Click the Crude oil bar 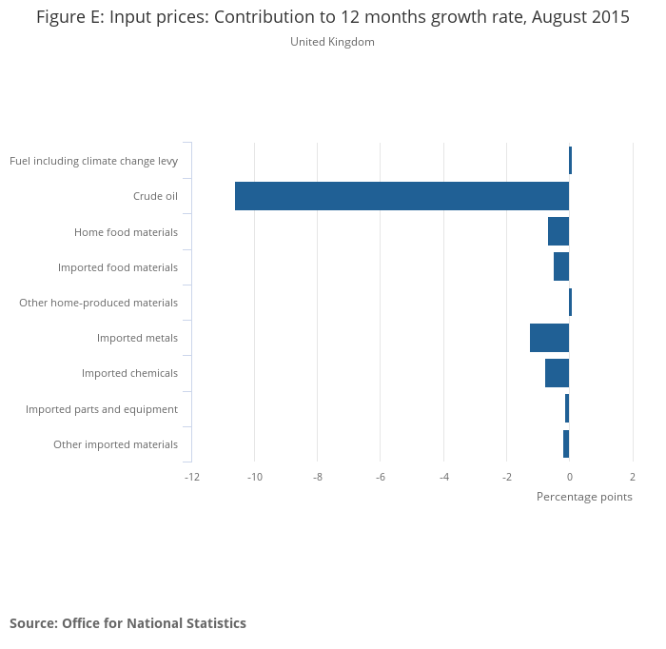402,196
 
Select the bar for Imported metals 549,338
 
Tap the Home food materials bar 558,231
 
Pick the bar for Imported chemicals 557,373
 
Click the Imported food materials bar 561,266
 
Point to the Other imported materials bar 566,444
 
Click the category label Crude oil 155,197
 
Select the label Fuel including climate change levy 93,161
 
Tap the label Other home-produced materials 98,303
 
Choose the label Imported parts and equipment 101,409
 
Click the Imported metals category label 137,338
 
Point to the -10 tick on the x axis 254,476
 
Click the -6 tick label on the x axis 380,476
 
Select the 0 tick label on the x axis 569,476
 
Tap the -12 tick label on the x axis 191,476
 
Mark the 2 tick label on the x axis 632,476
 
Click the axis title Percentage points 584,497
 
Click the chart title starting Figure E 333,17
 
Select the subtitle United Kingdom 332,42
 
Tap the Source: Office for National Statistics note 127,623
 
